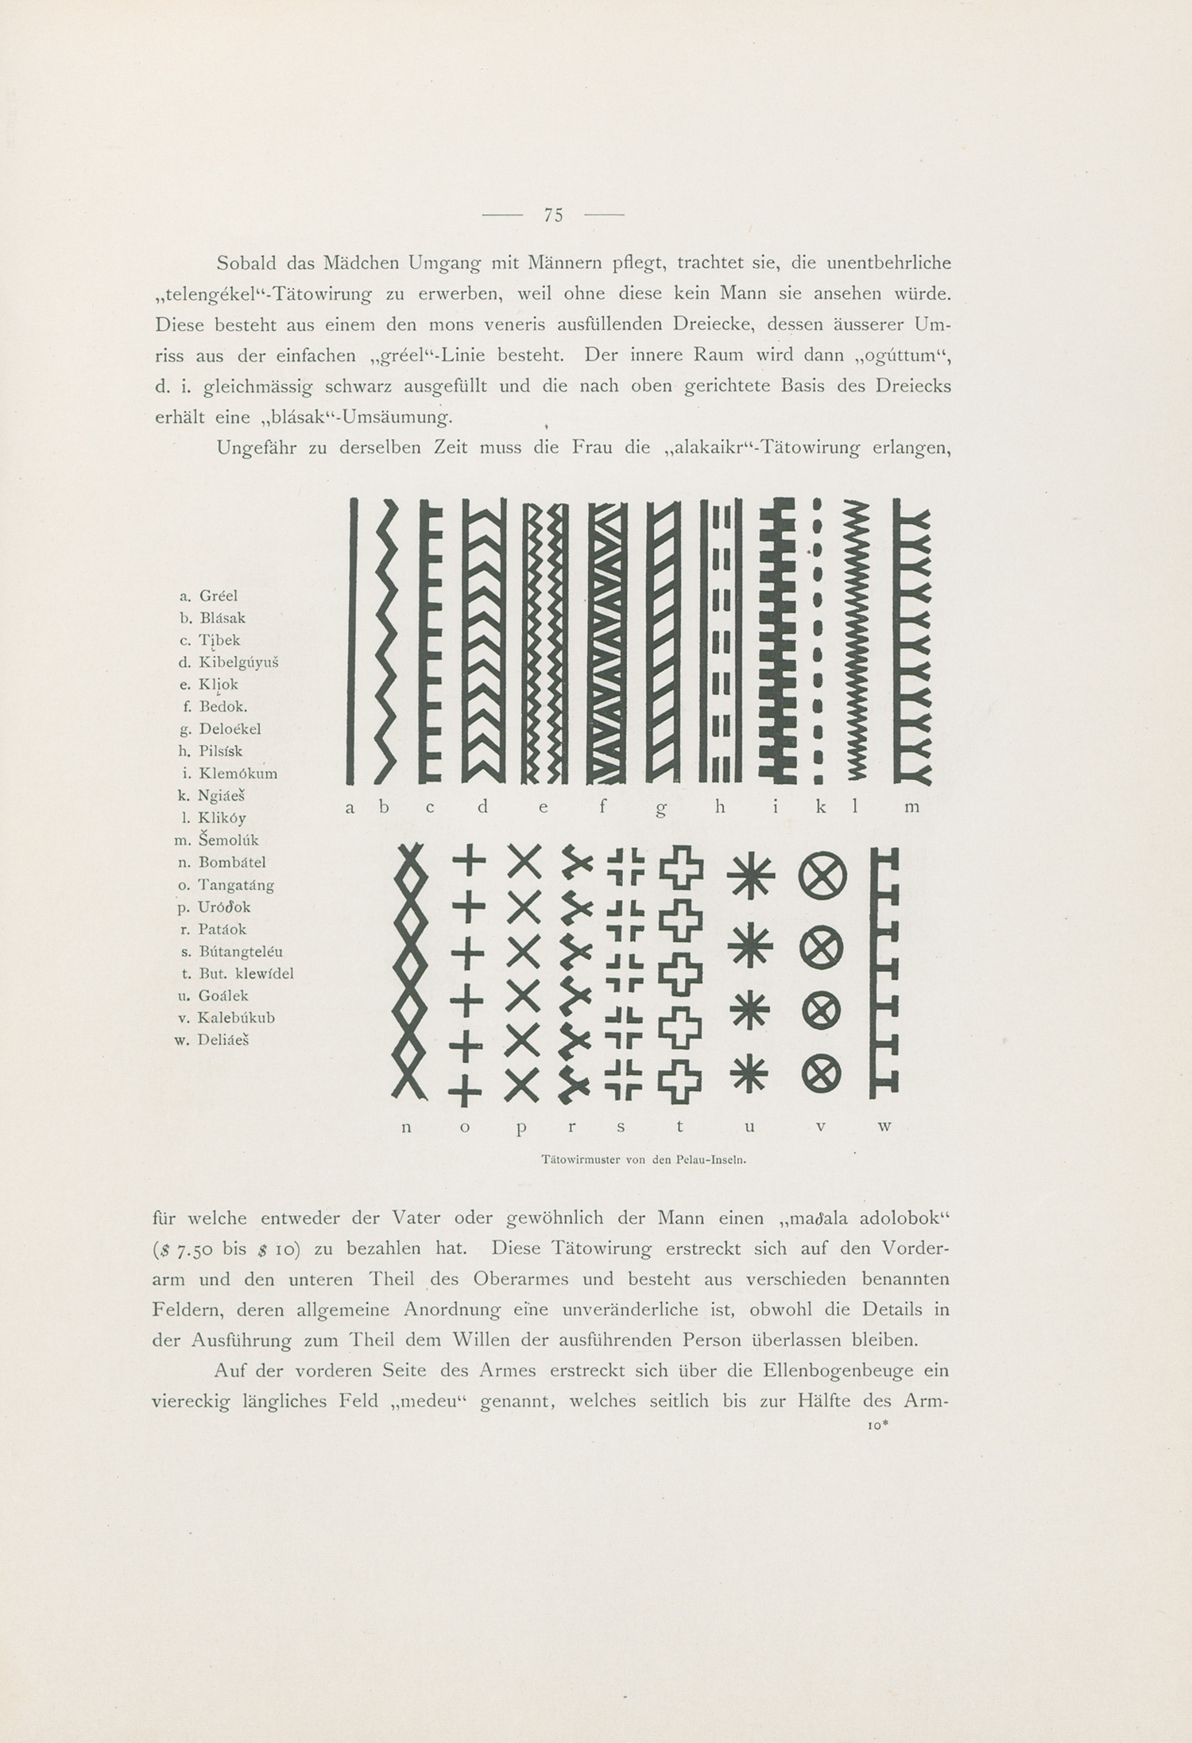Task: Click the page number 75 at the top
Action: click(x=553, y=215)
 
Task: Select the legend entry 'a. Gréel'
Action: click(x=208, y=596)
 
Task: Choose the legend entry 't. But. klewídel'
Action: click(x=234, y=973)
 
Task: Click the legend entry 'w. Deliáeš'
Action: click(x=211, y=1039)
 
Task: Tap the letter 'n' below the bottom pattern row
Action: click(x=407, y=1127)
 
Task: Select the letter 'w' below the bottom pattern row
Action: click(x=885, y=1127)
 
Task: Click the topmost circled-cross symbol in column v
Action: click(x=822, y=877)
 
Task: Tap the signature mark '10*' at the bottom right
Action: click(x=876, y=1427)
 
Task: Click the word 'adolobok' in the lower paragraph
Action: click(x=904, y=1218)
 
